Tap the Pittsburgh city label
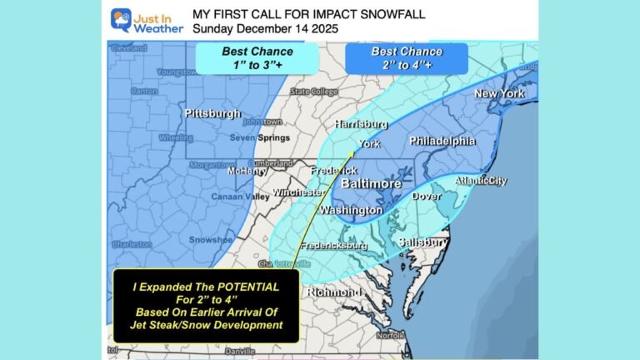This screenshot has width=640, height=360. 212,113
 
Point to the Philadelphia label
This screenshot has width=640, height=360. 441,141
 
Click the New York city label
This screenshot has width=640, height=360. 499,94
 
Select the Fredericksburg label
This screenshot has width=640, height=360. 334,247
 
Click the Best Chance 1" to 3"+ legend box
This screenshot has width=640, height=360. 256,57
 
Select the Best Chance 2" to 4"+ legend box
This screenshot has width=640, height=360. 407,57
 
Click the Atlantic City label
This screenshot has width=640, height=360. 481,181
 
